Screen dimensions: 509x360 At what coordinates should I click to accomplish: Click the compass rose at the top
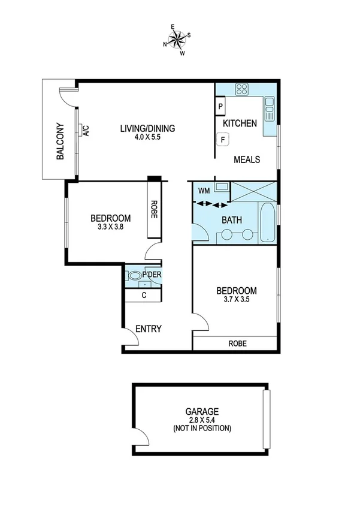(x=178, y=40)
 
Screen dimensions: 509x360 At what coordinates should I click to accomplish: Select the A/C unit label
(x=86, y=131)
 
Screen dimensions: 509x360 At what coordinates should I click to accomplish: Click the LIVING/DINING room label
(x=147, y=128)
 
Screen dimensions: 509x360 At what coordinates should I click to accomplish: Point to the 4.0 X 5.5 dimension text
(x=147, y=137)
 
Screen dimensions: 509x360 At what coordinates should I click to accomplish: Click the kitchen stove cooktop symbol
(x=242, y=90)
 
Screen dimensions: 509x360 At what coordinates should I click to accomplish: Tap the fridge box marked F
(x=223, y=140)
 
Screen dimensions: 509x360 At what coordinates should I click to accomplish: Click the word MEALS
(x=246, y=159)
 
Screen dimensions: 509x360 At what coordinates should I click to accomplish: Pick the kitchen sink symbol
(x=269, y=109)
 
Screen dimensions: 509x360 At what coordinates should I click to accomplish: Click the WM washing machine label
(x=204, y=191)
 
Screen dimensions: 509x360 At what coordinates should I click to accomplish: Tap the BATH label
(x=232, y=220)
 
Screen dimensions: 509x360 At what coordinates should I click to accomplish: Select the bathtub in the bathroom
(x=267, y=224)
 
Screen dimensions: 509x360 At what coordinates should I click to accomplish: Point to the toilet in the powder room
(x=135, y=276)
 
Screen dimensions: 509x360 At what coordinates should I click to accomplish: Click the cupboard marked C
(x=143, y=295)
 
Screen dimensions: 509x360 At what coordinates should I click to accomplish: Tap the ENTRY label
(x=149, y=329)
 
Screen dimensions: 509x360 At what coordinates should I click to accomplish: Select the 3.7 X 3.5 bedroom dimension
(x=236, y=301)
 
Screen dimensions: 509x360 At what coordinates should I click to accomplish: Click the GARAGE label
(x=202, y=412)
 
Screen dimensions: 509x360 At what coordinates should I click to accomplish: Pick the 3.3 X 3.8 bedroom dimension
(x=110, y=227)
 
